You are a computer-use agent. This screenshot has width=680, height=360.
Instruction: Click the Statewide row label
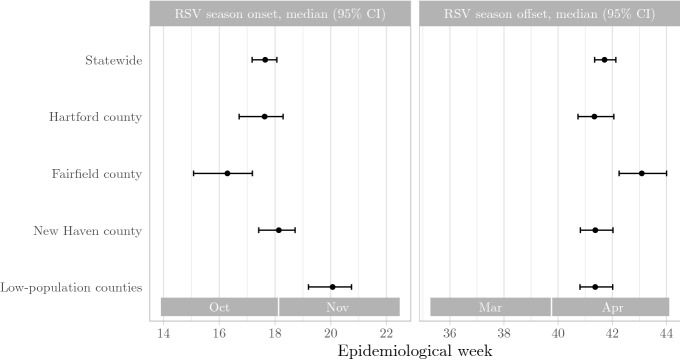tap(112, 60)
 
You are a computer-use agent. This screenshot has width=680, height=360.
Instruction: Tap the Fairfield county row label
tap(98, 174)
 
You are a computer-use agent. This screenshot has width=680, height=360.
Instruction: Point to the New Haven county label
tap(93, 231)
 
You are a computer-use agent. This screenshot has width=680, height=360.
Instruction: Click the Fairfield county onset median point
tap(228, 174)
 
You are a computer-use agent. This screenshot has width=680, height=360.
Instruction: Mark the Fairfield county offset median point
tap(642, 174)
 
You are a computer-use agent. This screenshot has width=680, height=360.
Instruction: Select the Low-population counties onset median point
tap(332, 288)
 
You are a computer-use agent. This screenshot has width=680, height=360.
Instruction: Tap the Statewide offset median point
tap(604, 60)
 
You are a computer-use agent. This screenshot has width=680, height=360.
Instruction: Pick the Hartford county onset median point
tap(265, 117)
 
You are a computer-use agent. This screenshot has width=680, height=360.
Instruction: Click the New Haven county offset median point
tap(595, 231)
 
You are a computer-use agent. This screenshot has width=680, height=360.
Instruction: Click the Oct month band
tap(220, 307)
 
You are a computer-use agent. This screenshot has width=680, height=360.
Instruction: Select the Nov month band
tap(339, 307)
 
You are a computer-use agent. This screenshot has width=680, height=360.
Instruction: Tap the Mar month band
tap(491, 307)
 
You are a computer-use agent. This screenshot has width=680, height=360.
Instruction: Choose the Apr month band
tap(610, 307)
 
